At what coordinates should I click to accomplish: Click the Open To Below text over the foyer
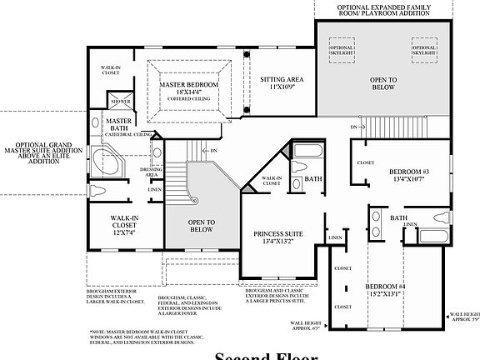point(202,225)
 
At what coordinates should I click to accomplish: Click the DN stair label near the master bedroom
point(213,151)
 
